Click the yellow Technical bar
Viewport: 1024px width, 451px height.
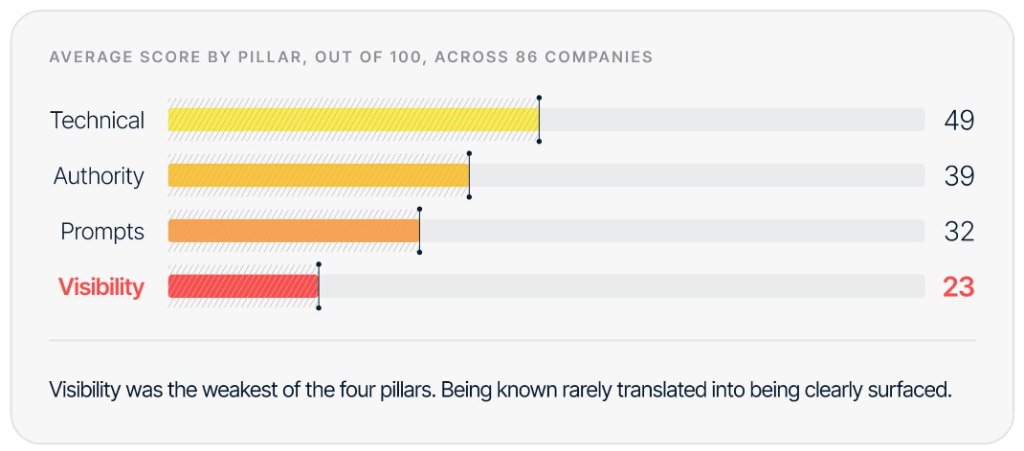(353, 120)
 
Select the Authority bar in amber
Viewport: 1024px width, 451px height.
(319, 175)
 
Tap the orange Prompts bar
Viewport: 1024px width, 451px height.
(294, 231)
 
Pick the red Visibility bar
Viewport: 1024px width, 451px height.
(244, 286)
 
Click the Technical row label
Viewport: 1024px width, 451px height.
(98, 121)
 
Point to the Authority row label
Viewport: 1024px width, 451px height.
(99, 176)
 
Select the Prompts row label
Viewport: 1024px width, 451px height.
(102, 232)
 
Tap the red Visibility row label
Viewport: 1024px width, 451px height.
(101, 287)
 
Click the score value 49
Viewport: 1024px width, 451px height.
(959, 121)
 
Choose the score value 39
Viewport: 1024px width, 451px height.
(959, 176)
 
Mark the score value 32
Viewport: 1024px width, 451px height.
(959, 232)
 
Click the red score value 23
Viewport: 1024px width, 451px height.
(958, 287)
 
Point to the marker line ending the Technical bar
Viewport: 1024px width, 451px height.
(539, 120)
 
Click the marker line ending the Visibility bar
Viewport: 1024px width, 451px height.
(319, 286)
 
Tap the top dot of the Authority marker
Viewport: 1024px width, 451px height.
(470, 153)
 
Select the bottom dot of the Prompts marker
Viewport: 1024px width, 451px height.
(419, 252)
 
